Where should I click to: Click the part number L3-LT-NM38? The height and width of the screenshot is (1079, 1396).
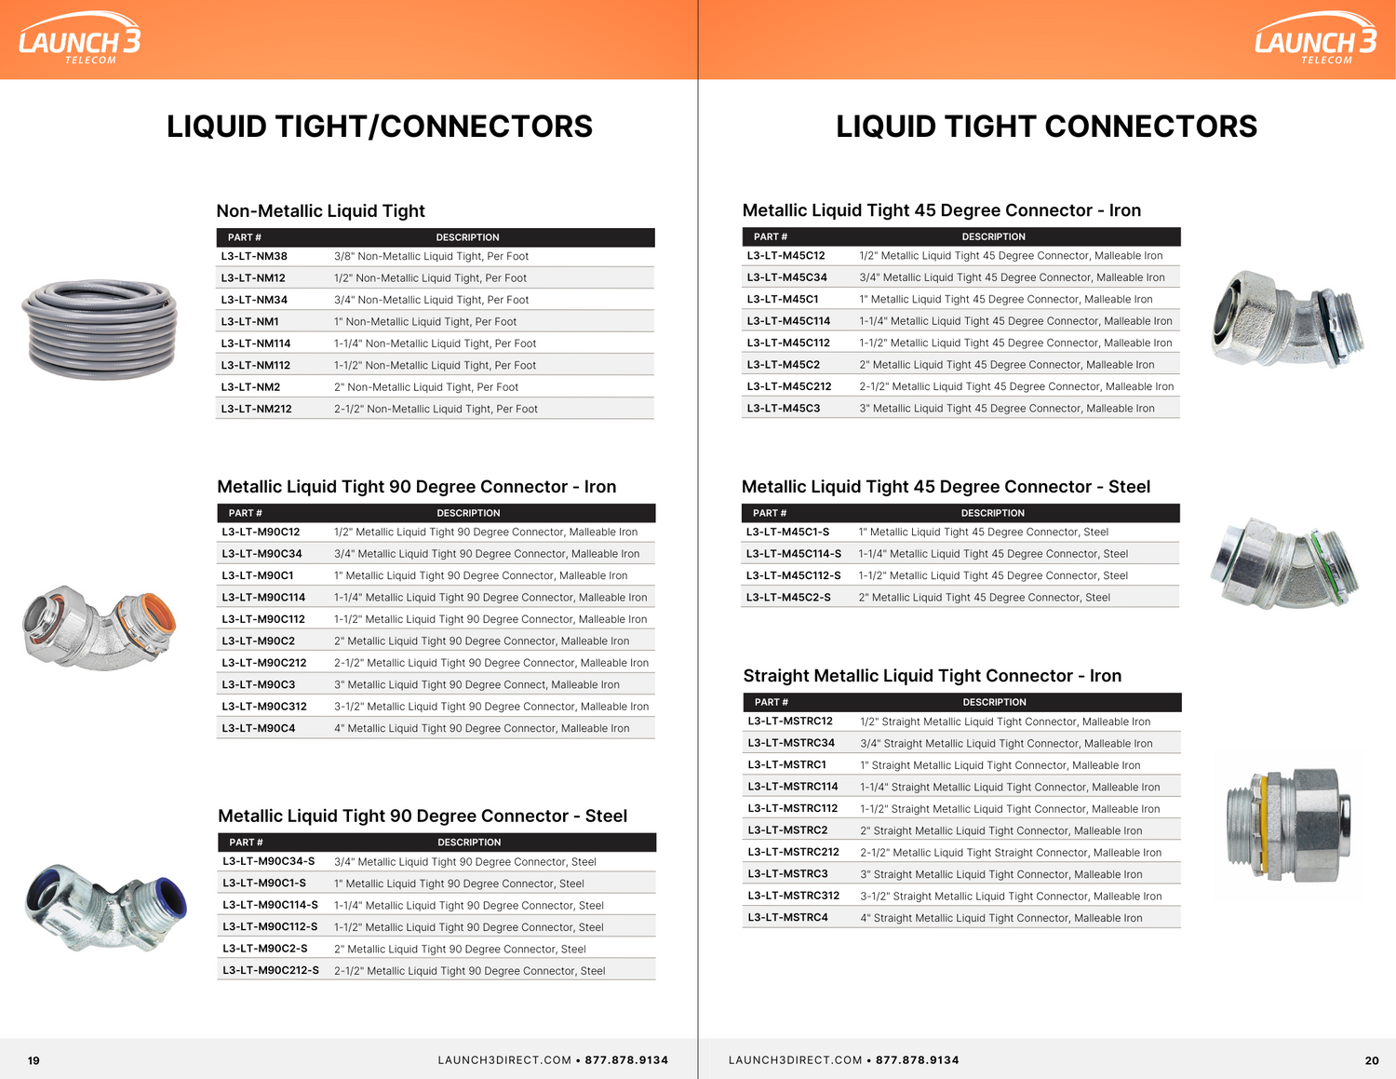(x=254, y=257)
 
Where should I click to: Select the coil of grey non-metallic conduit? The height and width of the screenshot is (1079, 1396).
(x=101, y=329)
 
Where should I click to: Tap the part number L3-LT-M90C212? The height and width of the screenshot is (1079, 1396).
(x=264, y=663)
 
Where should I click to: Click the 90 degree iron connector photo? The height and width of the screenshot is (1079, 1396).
(x=100, y=628)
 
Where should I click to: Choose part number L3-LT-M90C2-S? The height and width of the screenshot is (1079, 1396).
(x=265, y=949)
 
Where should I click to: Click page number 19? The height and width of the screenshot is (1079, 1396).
(x=34, y=1060)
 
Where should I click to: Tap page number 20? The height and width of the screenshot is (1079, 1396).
(x=1372, y=1060)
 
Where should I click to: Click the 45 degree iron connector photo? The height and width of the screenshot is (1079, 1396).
(x=1286, y=319)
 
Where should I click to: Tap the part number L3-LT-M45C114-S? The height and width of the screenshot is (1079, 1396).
(x=794, y=554)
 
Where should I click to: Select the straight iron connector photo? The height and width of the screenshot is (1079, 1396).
(x=1289, y=825)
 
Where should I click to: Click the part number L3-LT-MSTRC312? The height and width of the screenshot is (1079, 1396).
(x=794, y=896)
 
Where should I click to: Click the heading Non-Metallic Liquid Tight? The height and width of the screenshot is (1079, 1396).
(x=320, y=211)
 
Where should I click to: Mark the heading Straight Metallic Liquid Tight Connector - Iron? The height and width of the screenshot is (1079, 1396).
(x=932, y=676)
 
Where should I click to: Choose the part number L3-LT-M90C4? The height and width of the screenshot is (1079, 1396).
(x=259, y=729)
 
